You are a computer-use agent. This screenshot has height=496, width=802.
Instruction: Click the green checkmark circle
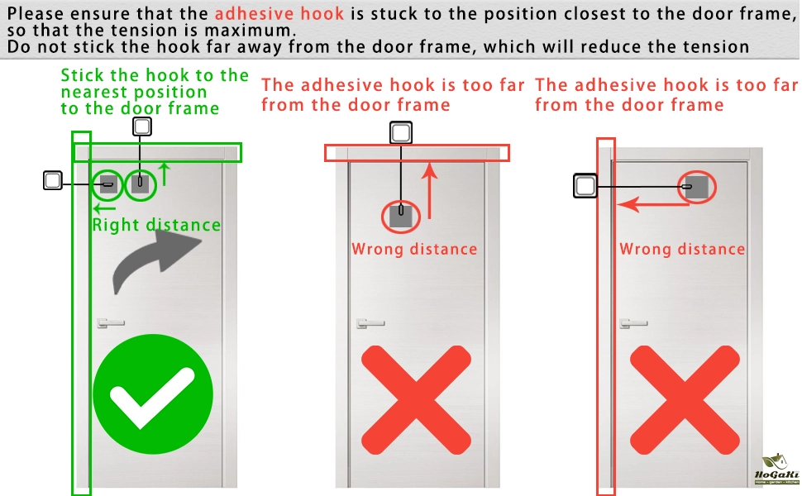153,394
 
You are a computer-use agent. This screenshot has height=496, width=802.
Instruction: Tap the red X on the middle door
416,400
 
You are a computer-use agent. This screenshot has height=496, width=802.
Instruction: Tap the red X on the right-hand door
685,400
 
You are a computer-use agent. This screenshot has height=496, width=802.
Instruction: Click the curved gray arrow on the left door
154,264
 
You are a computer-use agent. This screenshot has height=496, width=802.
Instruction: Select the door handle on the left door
111,323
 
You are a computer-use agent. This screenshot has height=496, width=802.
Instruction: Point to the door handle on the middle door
370,323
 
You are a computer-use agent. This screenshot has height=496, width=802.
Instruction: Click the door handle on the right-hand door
633,323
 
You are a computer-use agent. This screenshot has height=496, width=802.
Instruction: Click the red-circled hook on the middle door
401,217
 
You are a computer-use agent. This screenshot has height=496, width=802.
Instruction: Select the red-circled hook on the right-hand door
697,187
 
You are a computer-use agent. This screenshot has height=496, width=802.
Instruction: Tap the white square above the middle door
401,133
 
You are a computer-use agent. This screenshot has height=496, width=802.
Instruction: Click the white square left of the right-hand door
585,186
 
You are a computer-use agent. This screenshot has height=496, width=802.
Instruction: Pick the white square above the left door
142,126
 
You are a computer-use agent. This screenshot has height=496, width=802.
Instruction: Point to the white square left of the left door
53,180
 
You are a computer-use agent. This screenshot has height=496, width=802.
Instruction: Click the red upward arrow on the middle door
430,191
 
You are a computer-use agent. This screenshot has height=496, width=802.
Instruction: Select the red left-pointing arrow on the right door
653,205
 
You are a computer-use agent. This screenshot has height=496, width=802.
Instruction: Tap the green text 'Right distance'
156,225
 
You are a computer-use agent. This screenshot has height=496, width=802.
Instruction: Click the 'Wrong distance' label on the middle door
414,249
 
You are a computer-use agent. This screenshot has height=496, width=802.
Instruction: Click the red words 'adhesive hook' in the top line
279,13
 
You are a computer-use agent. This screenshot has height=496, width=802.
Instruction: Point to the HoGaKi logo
776,470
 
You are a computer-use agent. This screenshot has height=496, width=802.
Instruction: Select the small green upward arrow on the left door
165,174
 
